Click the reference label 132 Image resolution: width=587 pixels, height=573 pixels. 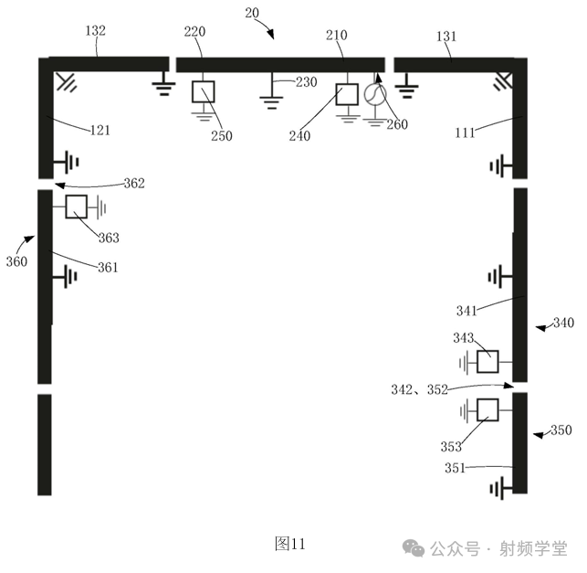pyautogui.click(x=95, y=31)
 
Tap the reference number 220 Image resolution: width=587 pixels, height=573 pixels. pyautogui.click(x=194, y=33)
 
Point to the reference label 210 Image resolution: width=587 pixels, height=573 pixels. pyautogui.click(x=337, y=35)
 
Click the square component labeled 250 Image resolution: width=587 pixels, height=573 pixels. pyautogui.click(x=202, y=91)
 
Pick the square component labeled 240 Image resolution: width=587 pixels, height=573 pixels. pyautogui.click(x=347, y=94)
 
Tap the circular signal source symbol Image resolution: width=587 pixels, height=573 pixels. pyautogui.click(x=374, y=94)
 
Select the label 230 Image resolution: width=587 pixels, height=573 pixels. pyautogui.click(x=305, y=82)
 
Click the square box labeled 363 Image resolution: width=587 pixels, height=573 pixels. pyautogui.click(x=76, y=207)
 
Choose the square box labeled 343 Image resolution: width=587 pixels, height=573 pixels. pyautogui.click(x=488, y=362)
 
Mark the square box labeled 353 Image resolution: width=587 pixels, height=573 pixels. pyautogui.click(x=488, y=409)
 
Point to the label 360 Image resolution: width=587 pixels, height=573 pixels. pyautogui.click(x=16, y=261)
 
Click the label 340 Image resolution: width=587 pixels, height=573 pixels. pyautogui.click(x=563, y=323)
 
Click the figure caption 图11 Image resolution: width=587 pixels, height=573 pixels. pyautogui.click(x=289, y=543)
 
